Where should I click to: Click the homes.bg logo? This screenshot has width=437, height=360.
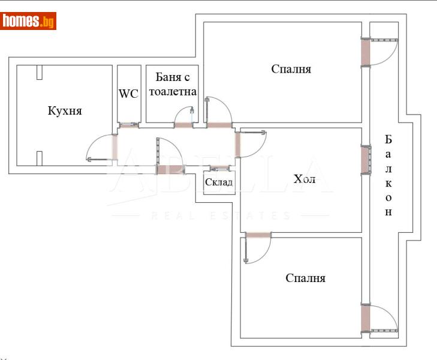(x=29, y=22)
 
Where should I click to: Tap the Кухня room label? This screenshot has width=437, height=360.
(x=65, y=111)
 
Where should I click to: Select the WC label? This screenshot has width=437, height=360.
(x=129, y=94)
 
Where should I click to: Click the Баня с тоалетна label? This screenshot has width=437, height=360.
(x=172, y=84)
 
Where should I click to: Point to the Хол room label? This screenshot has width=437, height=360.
(x=305, y=179)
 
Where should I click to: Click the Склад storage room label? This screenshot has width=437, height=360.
(x=218, y=182)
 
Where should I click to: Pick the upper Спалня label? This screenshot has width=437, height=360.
(x=291, y=69)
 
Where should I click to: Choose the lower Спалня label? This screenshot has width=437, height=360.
(x=305, y=278)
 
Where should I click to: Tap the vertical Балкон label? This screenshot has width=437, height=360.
(x=388, y=175)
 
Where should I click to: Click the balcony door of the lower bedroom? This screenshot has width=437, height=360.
(x=381, y=318)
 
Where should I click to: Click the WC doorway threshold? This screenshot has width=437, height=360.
(x=128, y=125)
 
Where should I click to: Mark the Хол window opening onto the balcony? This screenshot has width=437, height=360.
(x=364, y=159)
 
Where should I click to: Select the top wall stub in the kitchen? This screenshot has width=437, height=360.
(x=40, y=72)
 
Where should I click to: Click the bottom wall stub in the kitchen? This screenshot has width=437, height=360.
(x=40, y=158)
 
